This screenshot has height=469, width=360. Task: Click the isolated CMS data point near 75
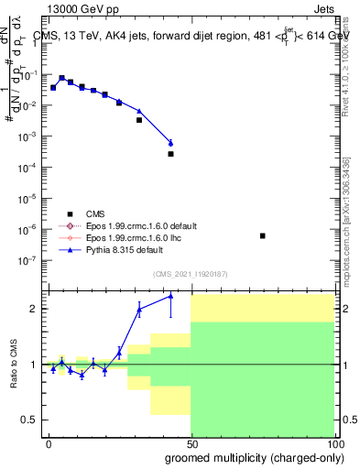263,236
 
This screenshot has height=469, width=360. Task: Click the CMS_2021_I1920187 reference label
190,273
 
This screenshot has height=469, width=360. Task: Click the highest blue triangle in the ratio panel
170,296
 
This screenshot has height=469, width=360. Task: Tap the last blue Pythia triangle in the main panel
170,142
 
